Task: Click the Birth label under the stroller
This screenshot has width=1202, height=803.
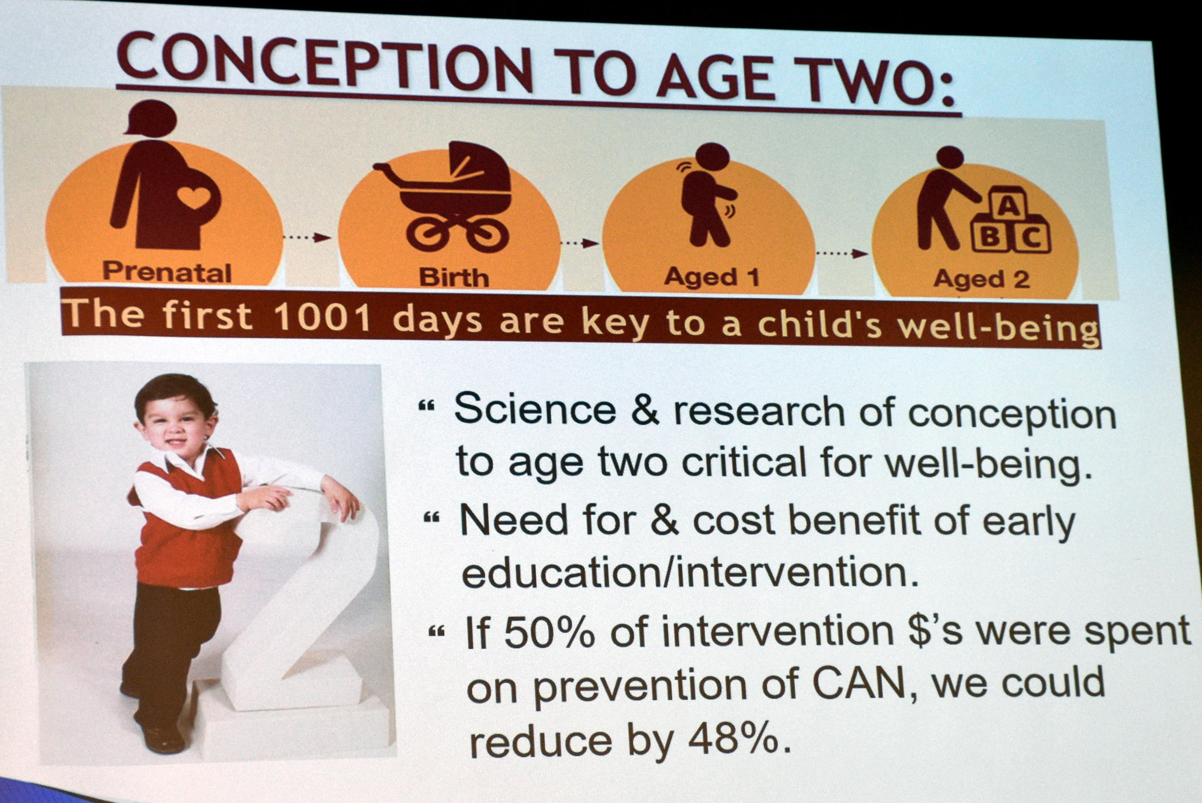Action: click(454, 277)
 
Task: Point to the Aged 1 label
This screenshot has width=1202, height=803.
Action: click(711, 277)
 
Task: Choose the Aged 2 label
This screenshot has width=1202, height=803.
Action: click(981, 279)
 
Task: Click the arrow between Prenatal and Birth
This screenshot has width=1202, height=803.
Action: click(307, 237)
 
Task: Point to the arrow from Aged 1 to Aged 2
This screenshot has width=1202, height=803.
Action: click(841, 253)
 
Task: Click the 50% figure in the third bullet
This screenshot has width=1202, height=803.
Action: click(549, 634)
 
